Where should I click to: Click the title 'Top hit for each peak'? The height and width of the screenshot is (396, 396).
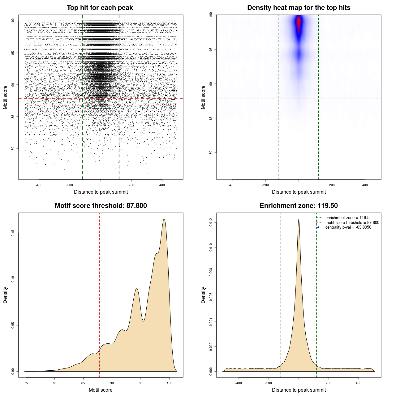click(x=100, y=8)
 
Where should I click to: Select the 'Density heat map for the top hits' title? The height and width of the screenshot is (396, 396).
click(x=299, y=8)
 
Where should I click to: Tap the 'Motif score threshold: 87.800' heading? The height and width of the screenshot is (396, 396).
click(x=101, y=206)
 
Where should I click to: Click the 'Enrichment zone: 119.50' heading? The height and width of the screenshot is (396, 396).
click(x=299, y=206)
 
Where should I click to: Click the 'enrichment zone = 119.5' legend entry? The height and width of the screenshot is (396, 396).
click(x=347, y=218)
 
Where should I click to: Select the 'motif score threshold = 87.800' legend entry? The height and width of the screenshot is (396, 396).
click(x=352, y=222)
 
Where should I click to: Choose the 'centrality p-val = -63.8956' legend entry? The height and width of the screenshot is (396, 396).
click(x=348, y=227)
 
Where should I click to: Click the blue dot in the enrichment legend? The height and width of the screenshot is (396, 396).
click(x=318, y=227)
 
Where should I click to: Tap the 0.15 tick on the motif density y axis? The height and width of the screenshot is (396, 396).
click(x=13, y=233)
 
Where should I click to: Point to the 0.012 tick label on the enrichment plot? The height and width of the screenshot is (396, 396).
click(x=211, y=222)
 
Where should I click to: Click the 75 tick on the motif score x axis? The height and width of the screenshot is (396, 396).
click(x=26, y=383)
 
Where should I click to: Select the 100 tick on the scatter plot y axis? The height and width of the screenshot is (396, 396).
click(x=13, y=21)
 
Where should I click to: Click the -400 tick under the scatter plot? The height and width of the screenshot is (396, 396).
click(x=39, y=185)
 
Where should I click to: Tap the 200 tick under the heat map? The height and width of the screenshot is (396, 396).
click(x=332, y=185)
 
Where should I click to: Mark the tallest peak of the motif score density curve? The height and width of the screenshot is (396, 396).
click(x=164, y=219)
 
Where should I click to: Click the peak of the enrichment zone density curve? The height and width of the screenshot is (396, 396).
click(x=299, y=219)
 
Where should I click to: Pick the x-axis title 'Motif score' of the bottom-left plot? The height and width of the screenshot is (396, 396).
click(x=101, y=390)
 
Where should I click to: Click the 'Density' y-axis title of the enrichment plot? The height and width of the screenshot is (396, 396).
click(x=203, y=295)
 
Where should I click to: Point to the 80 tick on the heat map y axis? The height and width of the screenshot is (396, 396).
click(x=211, y=153)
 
